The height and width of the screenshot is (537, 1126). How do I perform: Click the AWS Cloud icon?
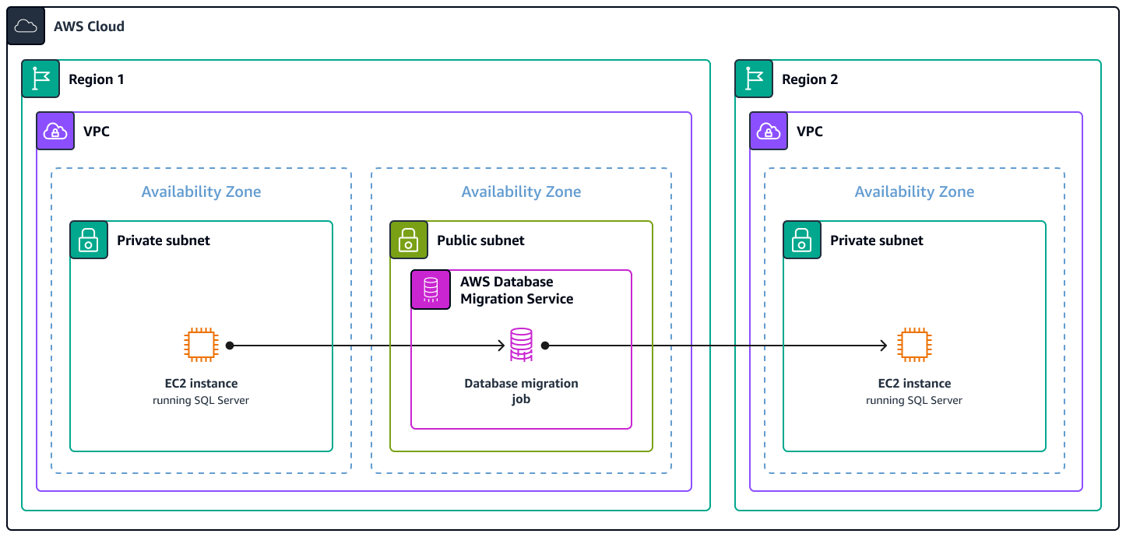[26, 26]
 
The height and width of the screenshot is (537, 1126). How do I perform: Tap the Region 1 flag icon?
[40, 79]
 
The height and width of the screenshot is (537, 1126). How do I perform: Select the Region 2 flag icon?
[754, 79]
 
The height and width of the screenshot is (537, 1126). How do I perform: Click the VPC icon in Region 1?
[55, 131]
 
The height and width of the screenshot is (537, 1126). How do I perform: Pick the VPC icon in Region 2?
[769, 131]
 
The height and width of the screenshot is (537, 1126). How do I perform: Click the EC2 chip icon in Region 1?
[201, 345]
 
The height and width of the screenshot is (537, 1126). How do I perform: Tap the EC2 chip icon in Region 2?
[914, 345]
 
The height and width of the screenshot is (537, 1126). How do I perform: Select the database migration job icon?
[521, 345]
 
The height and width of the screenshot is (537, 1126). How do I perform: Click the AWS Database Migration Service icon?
[431, 290]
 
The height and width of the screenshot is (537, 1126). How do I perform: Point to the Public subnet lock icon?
[409, 240]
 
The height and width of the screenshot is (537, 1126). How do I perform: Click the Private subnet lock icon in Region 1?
[89, 240]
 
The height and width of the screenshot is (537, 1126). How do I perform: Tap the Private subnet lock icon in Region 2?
[802, 240]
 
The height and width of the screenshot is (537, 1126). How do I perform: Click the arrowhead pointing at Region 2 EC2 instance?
[883, 345]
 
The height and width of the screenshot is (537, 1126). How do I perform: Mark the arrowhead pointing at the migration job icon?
[502, 345]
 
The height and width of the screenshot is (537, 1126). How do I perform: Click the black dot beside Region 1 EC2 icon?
[230, 345]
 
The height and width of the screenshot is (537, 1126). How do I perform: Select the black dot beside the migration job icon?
[545, 345]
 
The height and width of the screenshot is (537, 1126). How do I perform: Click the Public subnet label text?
[480, 240]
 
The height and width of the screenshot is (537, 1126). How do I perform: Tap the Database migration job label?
[521, 391]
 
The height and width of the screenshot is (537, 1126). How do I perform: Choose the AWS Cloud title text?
[89, 26]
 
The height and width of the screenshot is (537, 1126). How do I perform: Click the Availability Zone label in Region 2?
[914, 191]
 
